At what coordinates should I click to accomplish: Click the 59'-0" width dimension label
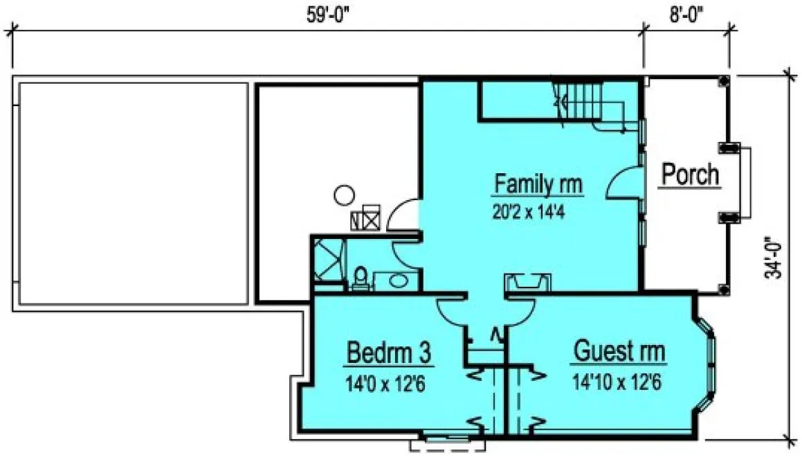pos(329,17)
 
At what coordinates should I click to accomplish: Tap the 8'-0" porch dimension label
pos(686,17)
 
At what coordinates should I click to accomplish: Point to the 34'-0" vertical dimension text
pos(775,258)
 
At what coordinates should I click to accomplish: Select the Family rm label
pos(538,185)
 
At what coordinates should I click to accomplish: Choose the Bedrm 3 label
pos(389,353)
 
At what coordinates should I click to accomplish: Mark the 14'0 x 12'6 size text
pos(384,382)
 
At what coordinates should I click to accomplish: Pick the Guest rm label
pos(619,352)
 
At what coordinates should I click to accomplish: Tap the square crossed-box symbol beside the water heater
pos(372,216)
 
